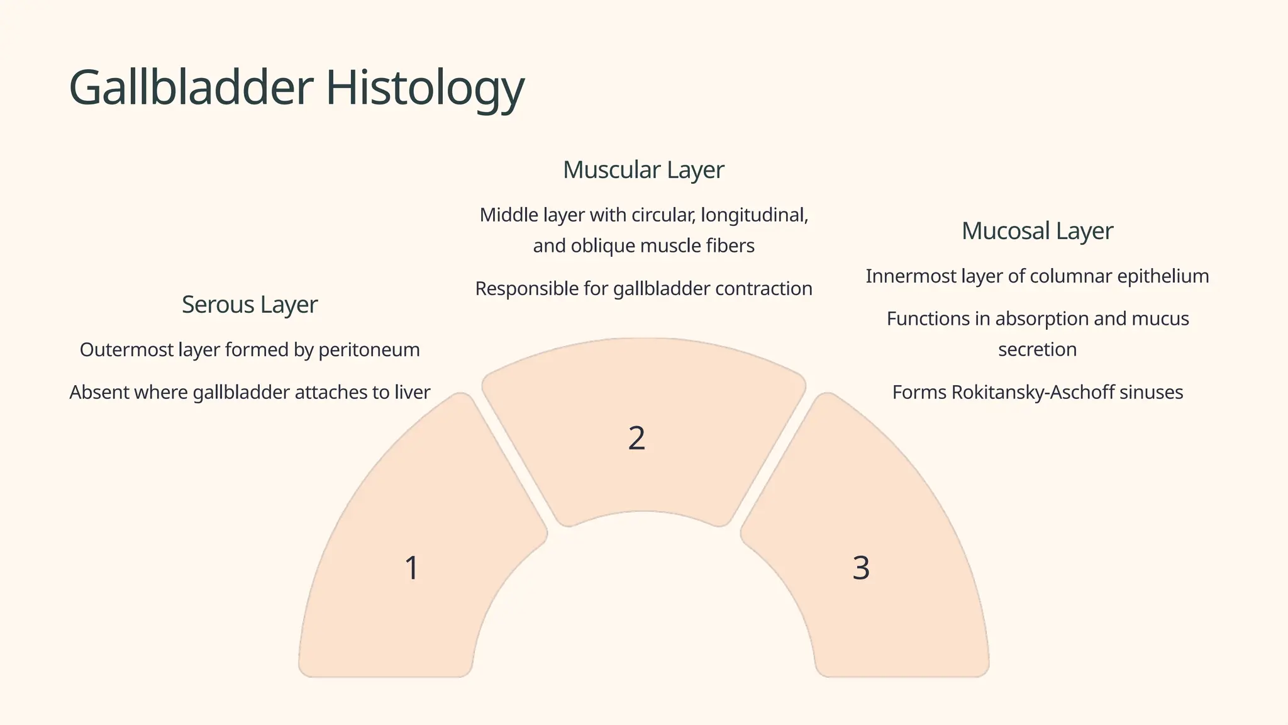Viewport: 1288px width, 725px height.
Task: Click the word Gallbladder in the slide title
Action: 191,87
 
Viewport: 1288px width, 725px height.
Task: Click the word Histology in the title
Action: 425,89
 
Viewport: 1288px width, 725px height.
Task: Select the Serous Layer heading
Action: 250,305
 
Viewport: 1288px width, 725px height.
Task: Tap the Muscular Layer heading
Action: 643,170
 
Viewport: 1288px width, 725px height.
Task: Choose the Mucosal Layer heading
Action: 1037,231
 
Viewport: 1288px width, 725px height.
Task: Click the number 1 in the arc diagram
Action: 411,568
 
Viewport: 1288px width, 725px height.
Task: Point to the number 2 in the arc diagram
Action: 636,438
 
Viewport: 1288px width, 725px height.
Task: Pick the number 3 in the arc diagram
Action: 861,568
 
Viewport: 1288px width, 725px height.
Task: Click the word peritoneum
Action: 369,350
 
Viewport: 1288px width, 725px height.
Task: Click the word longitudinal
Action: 754,215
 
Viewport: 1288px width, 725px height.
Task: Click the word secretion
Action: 1037,350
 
